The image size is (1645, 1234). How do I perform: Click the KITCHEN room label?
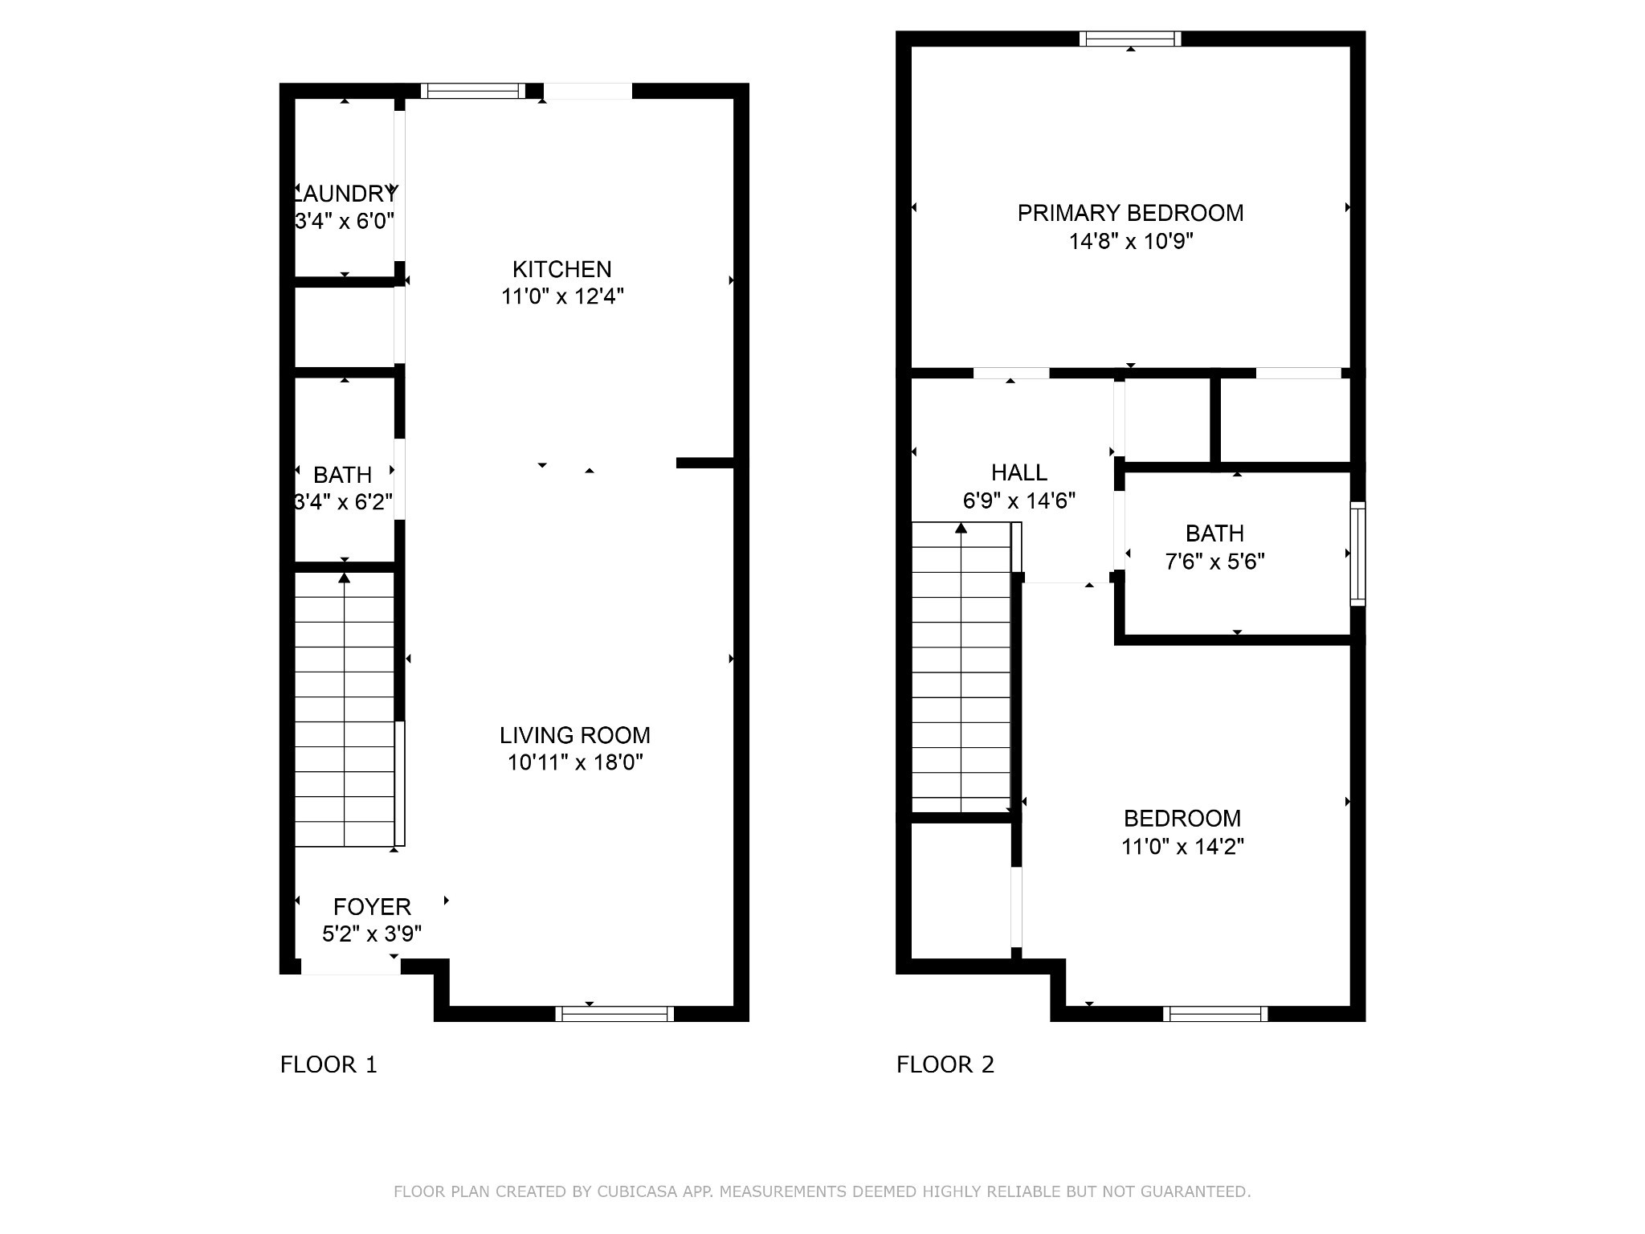pos(561,269)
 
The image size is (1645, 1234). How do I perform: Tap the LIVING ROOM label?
pos(575,735)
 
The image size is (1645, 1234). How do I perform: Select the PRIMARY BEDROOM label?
pos(1130,213)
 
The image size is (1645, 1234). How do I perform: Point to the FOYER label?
pos(372,907)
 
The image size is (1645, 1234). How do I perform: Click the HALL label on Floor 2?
pos(1018,472)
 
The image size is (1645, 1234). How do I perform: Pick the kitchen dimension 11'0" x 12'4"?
pos(562,296)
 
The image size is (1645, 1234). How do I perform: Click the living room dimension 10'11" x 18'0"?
pos(575,762)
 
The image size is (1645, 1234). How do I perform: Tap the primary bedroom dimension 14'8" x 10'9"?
pos(1131,241)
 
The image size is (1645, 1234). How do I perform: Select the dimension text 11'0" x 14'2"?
pos(1182,846)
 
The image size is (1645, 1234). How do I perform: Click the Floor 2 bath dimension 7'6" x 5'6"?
pos(1214,561)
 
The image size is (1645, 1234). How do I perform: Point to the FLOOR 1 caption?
pos(329,1064)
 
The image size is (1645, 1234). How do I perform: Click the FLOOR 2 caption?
pos(945,1064)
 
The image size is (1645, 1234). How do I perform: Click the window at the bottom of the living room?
pos(614,1014)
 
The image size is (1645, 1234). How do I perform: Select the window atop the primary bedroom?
pos(1131,39)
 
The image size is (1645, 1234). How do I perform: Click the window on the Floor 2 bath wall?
pos(1357,554)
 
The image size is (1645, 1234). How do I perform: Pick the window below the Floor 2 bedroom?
pos(1215,1014)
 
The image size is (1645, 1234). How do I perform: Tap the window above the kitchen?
pos(473,91)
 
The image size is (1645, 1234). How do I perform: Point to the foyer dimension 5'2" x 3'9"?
pos(372,934)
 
